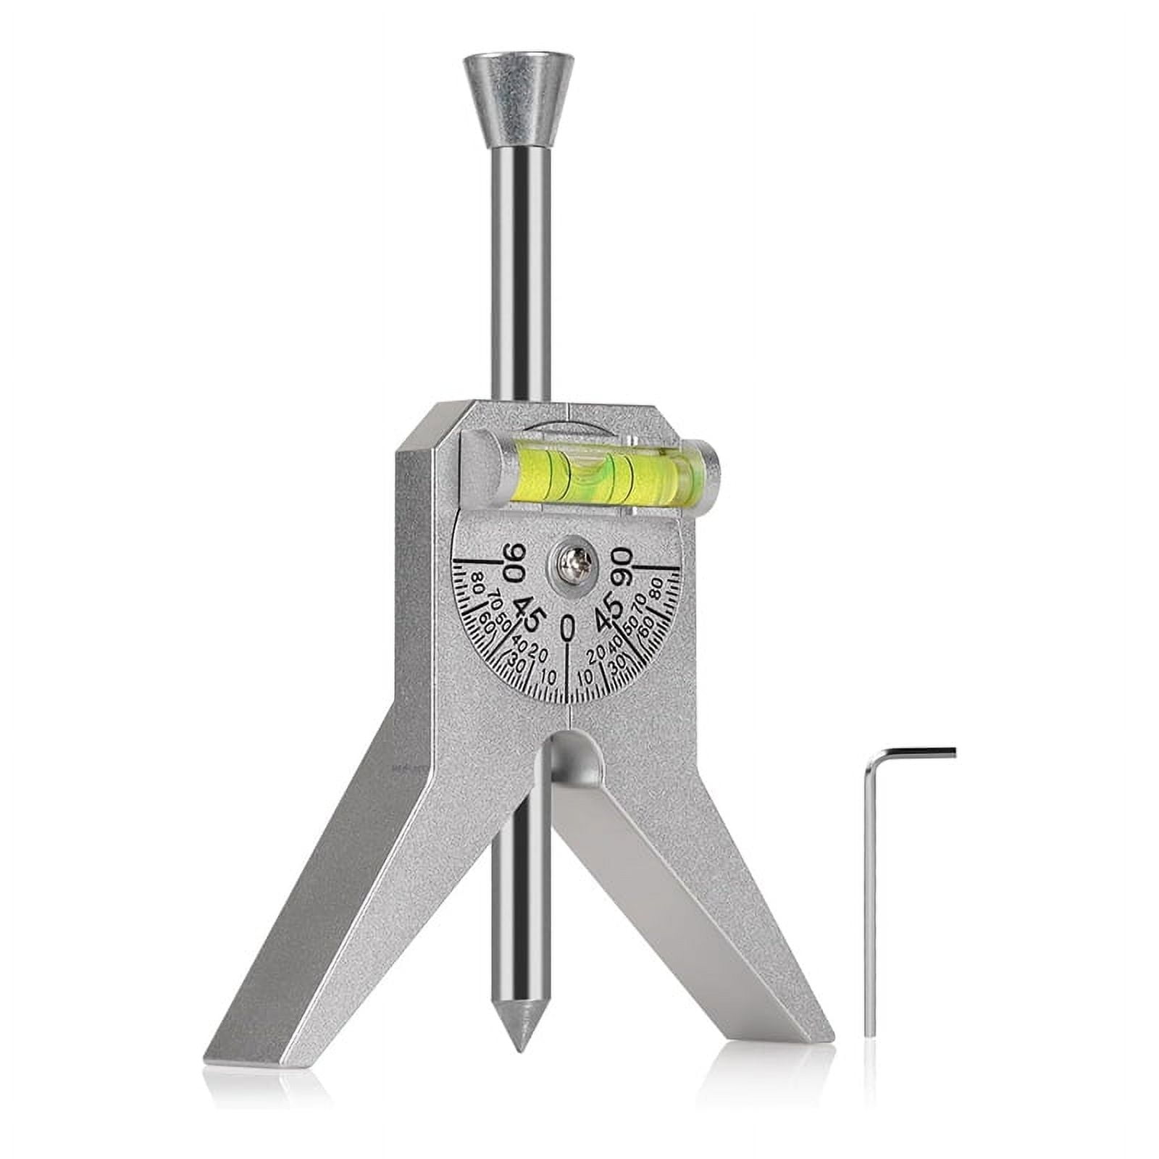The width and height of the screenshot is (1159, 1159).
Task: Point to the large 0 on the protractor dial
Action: pyautogui.click(x=569, y=628)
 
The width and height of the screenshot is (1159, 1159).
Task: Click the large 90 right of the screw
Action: pyautogui.click(x=623, y=563)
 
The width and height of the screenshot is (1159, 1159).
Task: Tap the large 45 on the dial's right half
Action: pyautogui.click(x=608, y=609)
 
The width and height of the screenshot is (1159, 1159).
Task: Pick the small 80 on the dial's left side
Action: pyautogui.click(x=477, y=582)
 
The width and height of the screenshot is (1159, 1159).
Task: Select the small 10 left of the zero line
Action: pyautogui.click(x=548, y=677)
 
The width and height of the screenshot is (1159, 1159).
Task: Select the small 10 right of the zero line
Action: pyautogui.click(x=586, y=677)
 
